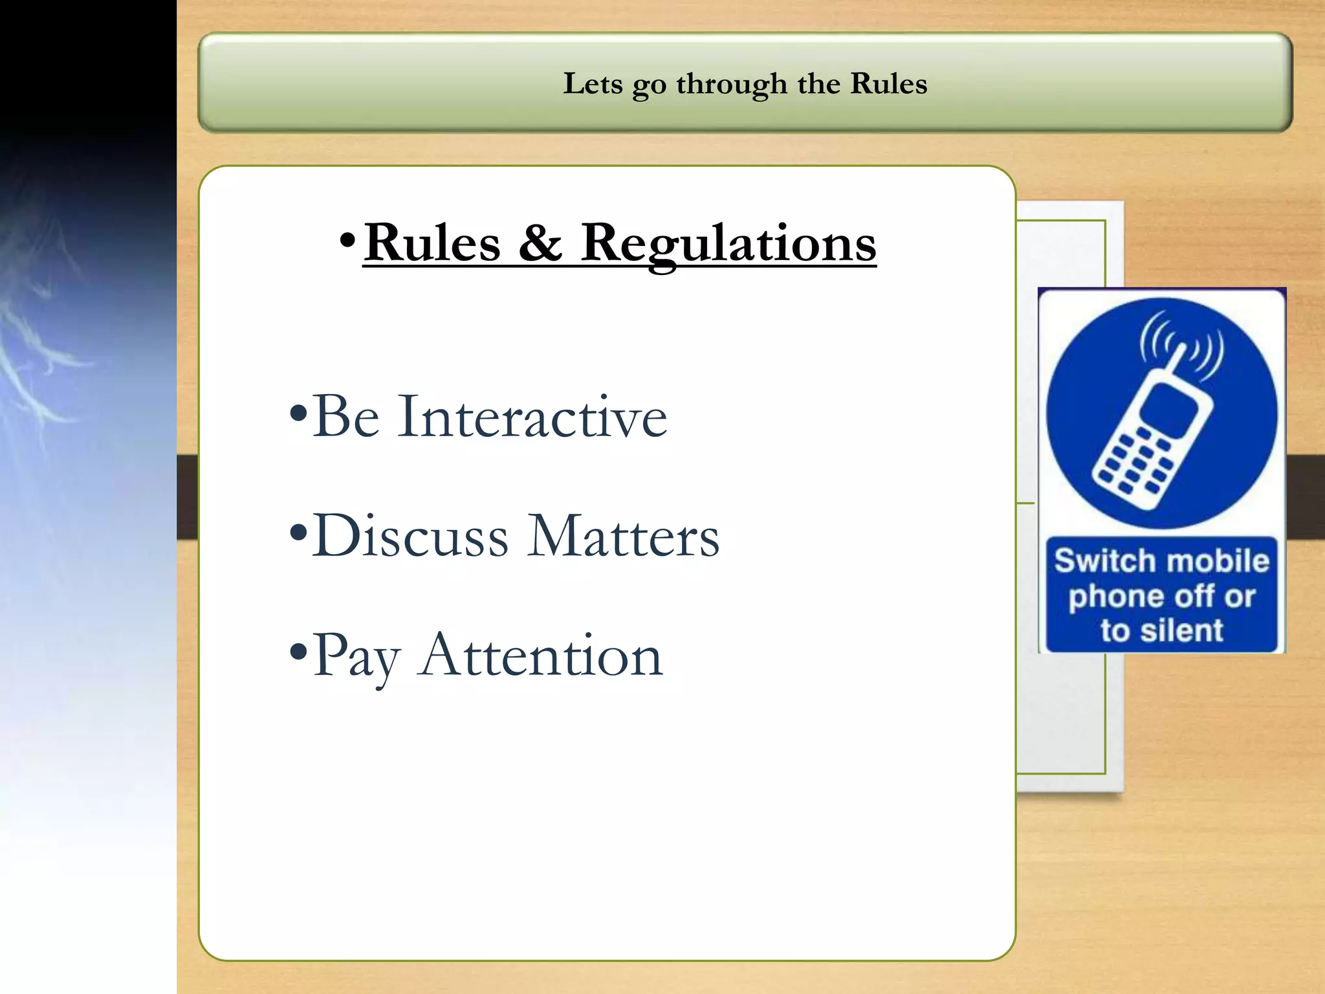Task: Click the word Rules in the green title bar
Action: (x=888, y=83)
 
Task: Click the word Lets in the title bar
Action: (x=593, y=83)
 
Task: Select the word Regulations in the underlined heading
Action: (x=728, y=243)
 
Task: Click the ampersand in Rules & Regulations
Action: (x=540, y=243)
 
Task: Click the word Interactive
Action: (x=532, y=417)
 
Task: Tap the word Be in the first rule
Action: (x=346, y=417)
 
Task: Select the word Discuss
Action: (x=411, y=536)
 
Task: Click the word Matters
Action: (x=623, y=536)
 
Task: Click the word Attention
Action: (x=540, y=656)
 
